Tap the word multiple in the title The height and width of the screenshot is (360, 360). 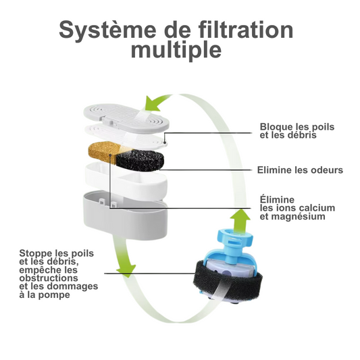tap(176, 50)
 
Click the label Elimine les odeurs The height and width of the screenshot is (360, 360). tap(301, 170)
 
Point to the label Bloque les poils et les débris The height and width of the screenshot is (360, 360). tap(297, 130)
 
